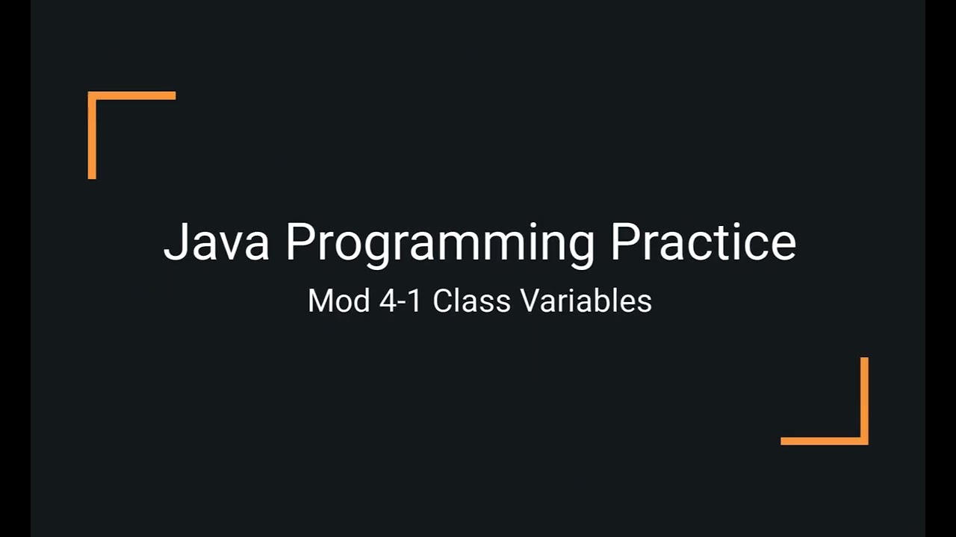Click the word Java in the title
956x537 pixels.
(x=216, y=241)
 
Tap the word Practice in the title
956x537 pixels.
(x=703, y=241)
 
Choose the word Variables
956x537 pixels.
(x=586, y=301)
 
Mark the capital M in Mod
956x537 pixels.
(x=319, y=301)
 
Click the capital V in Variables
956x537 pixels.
(x=530, y=301)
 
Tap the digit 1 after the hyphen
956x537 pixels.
(x=413, y=301)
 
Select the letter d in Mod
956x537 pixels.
(x=358, y=301)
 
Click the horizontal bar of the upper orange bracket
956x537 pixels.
(x=132, y=95)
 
